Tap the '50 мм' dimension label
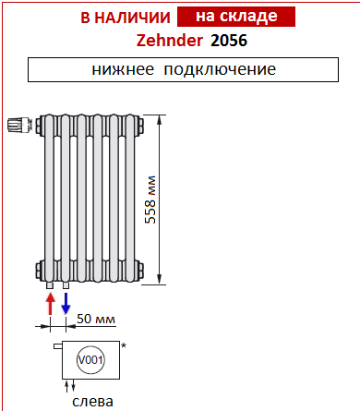coord(97,320)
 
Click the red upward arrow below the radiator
coord(49,301)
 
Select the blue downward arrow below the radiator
coord(66,302)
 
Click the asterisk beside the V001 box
coord(124,345)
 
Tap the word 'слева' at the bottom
coord(93,402)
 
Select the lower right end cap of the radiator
coord(141,269)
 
